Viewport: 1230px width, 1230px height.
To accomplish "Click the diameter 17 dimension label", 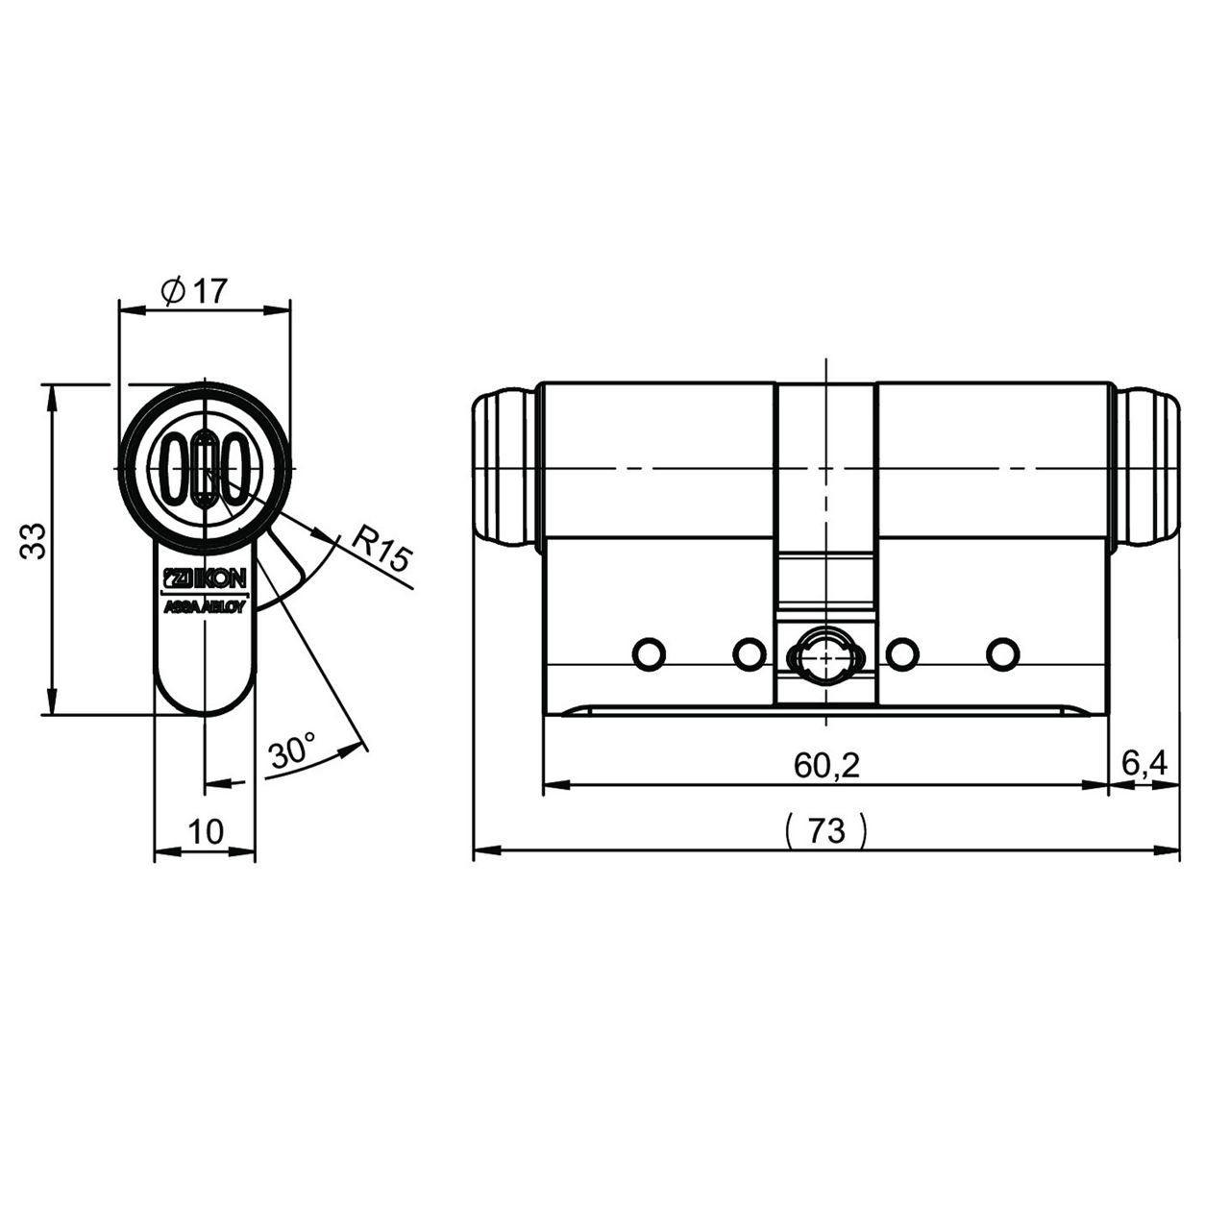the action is pos(194,291).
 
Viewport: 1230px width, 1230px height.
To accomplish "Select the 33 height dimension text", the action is pos(34,541).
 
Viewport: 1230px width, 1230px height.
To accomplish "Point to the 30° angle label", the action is pos(292,750).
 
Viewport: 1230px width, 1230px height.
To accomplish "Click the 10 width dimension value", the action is pos(206,831).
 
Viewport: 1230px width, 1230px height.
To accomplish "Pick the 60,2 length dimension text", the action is pos(826,765).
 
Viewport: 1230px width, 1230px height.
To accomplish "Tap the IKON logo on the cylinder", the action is pos(205,578).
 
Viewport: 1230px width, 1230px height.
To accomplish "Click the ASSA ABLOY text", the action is pos(205,607).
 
